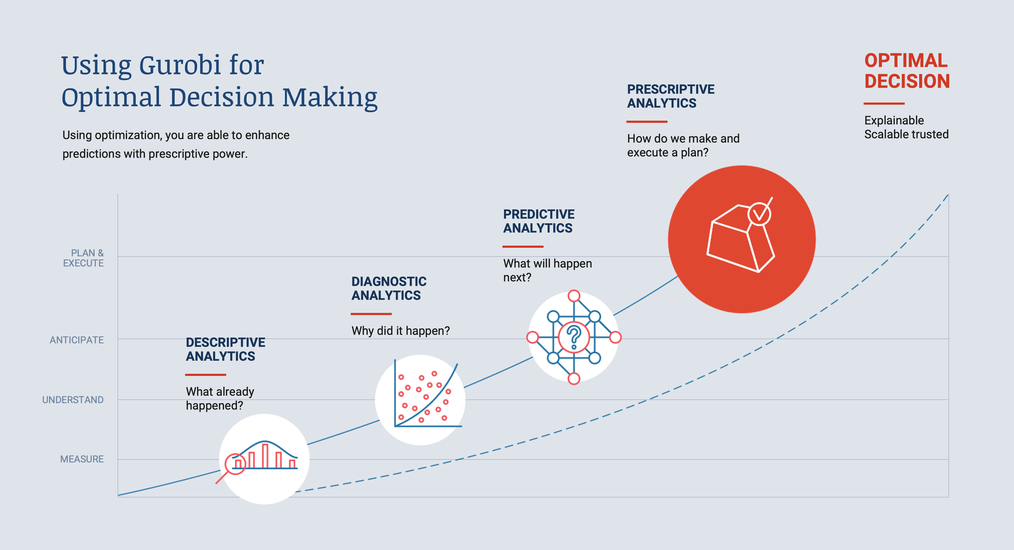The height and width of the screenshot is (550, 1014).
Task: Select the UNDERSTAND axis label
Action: tap(73, 399)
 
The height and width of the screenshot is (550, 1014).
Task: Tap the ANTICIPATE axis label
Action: tap(77, 340)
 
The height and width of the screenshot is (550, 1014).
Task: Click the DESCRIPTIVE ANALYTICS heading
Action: tap(225, 349)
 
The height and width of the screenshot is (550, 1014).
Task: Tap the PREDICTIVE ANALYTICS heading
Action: tap(539, 221)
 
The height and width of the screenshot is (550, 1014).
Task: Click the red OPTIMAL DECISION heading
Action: tap(907, 71)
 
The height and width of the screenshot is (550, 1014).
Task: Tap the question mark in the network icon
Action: tap(574, 337)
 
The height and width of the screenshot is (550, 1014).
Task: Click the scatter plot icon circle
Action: tap(420, 400)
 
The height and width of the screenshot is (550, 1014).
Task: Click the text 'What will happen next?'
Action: tap(547, 270)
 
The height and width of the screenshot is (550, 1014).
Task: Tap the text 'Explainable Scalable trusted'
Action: tap(906, 127)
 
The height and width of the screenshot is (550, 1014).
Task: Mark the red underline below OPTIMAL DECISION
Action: tap(884, 104)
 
